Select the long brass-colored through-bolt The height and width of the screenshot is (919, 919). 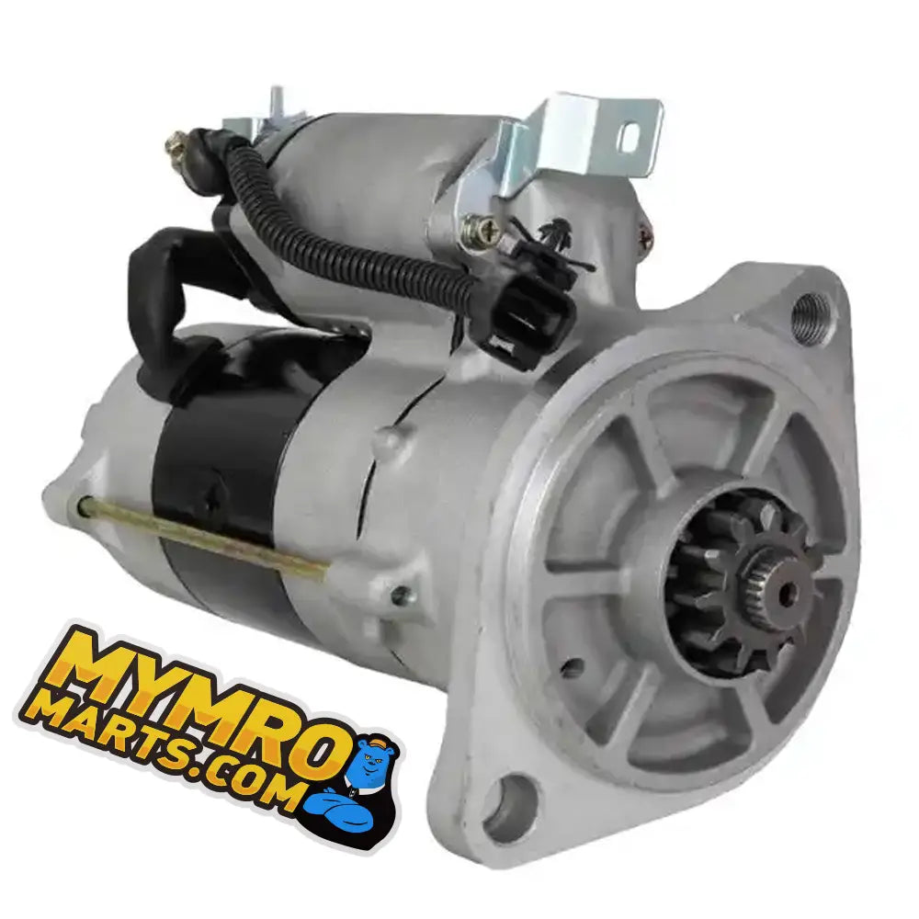pyautogui.click(x=202, y=538)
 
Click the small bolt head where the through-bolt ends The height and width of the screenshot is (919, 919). pyautogui.click(x=400, y=596)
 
